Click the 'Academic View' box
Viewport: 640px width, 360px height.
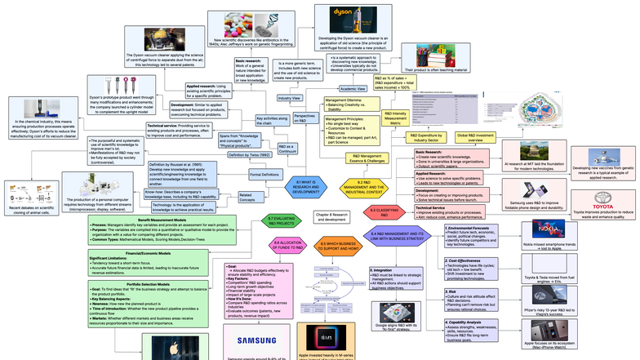tap(352, 88)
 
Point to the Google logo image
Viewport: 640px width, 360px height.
tap(393, 311)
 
